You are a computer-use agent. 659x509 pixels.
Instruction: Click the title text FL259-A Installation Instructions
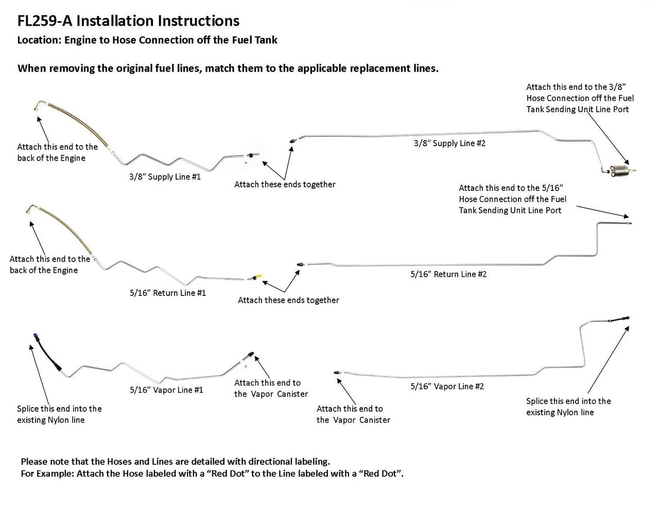click(x=128, y=21)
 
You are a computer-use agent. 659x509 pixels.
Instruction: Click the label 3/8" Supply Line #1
click(x=165, y=177)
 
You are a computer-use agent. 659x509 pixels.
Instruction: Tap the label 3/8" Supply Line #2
click(x=449, y=143)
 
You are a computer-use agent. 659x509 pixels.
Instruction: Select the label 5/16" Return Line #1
click(x=168, y=293)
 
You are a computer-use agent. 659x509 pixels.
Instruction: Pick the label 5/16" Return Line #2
click(x=448, y=274)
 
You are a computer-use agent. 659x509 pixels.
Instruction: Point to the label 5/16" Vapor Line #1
click(x=166, y=390)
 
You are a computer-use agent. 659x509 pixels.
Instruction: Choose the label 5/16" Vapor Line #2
click(x=447, y=386)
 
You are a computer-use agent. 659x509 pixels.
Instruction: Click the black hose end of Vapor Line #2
click(x=616, y=319)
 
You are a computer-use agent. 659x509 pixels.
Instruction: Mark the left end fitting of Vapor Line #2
click(x=337, y=371)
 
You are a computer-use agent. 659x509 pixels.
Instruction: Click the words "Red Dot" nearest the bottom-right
click(x=381, y=473)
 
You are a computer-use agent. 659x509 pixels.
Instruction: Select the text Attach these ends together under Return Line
click(x=288, y=300)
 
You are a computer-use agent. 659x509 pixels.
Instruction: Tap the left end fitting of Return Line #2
click(x=300, y=264)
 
